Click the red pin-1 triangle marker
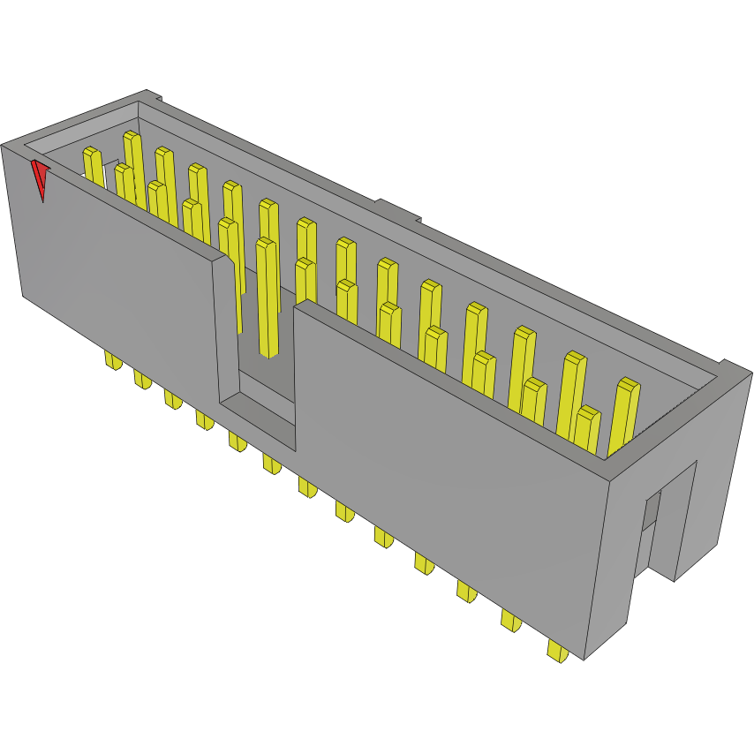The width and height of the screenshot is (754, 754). [x=40, y=177]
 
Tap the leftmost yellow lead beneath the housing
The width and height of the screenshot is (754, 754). [x=113, y=360]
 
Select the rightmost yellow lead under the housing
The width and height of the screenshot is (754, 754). [x=557, y=652]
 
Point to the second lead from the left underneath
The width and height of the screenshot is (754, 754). [x=142, y=379]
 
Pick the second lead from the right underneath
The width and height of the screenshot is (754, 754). [x=510, y=620]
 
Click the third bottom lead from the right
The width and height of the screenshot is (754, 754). [x=466, y=591]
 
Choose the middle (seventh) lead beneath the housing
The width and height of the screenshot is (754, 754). [x=308, y=486]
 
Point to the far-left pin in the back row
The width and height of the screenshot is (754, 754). [x=93, y=167]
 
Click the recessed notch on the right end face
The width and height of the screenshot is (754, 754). [x=652, y=530]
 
